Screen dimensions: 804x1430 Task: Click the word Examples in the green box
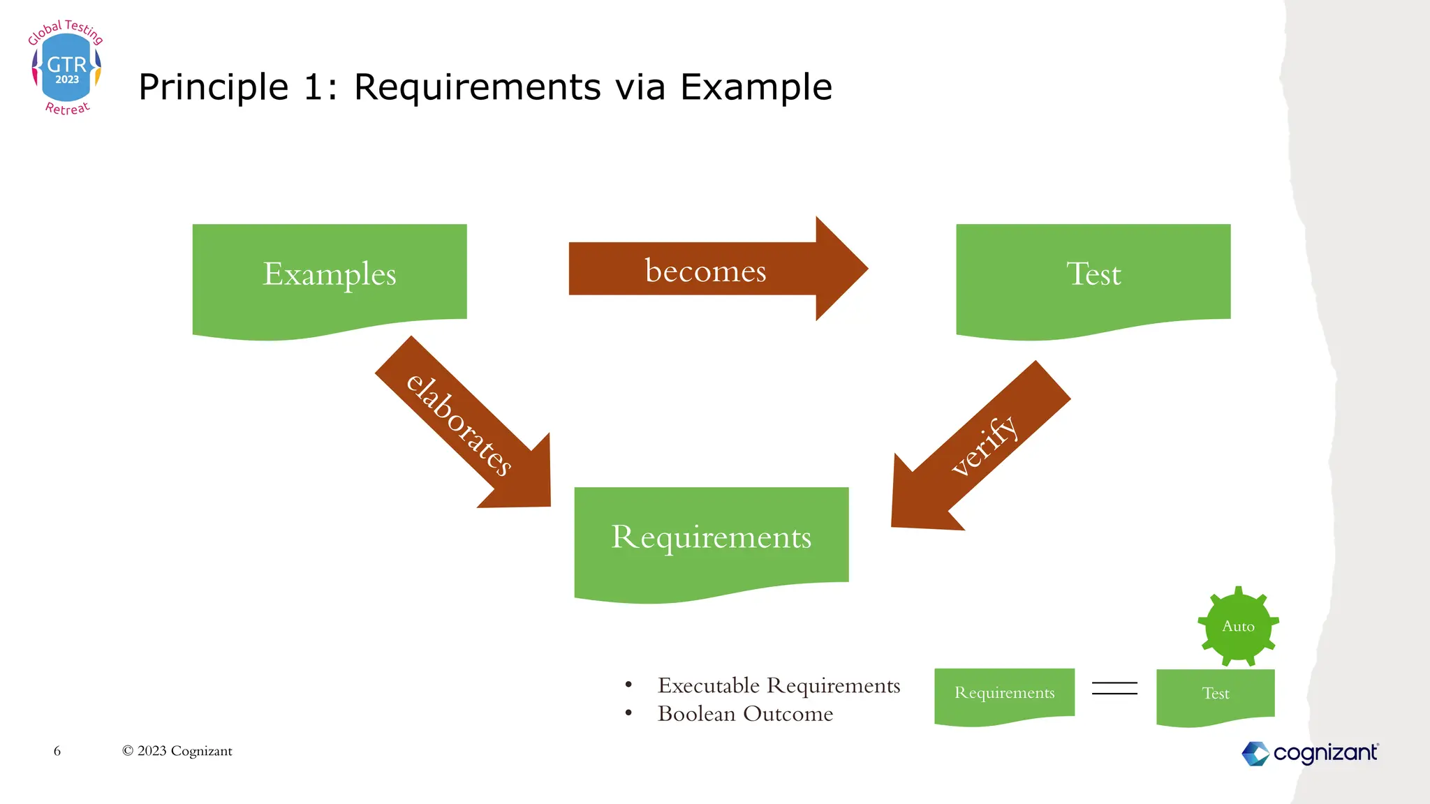point(329,274)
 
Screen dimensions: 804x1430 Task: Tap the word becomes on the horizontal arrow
point(705,271)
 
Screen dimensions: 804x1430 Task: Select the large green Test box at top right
point(1093,276)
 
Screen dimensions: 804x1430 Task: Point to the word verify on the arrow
point(985,445)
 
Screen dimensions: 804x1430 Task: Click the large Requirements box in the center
point(711,538)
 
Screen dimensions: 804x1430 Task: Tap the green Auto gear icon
point(1238,626)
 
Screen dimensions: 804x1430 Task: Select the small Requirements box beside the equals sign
point(1004,693)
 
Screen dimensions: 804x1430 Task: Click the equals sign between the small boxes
point(1114,689)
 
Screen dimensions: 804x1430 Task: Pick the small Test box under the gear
point(1215,694)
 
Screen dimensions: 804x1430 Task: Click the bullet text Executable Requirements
point(779,685)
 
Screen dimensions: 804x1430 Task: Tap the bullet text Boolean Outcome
point(745,714)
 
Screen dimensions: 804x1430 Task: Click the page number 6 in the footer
point(57,751)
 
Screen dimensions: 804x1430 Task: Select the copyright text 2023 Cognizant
point(177,751)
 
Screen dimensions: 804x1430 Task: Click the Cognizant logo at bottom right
point(1310,753)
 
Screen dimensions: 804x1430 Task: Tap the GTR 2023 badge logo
point(66,68)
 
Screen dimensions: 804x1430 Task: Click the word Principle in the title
point(213,88)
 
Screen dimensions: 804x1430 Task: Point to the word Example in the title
point(755,88)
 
